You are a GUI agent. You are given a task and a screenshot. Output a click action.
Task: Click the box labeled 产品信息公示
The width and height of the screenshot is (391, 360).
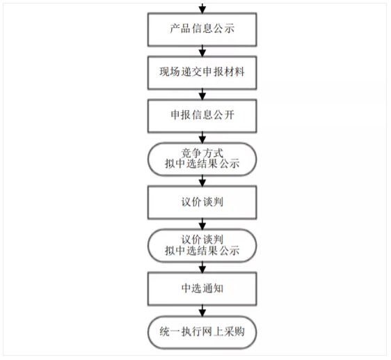(x=202, y=30)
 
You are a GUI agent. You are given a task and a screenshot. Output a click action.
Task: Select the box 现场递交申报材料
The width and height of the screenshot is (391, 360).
(x=202, y=73)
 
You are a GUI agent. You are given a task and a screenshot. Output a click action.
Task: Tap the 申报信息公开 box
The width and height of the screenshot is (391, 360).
(x=202, y=116)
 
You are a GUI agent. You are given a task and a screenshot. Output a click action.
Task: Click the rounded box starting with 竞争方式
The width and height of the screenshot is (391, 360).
(x=202, y=159)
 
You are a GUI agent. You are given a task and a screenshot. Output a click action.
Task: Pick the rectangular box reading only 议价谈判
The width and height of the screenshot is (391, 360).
(x=202, y=203)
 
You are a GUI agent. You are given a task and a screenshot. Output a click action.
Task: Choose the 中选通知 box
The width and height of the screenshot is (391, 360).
(x=202, y=289)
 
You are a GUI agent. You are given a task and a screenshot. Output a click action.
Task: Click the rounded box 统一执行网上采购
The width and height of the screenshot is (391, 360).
(x=202, y=332)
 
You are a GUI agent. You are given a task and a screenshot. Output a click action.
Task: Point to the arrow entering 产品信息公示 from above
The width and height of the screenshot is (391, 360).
(x=202, y=8)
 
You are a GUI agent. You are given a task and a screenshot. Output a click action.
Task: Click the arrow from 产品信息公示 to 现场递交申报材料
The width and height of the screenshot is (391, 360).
(x=202, y=51)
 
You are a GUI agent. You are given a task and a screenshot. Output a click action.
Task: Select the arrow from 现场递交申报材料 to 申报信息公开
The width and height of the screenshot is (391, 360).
(x=202, y=95)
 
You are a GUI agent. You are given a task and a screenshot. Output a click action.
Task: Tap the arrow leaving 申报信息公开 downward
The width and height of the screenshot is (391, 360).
(x=202, y=138)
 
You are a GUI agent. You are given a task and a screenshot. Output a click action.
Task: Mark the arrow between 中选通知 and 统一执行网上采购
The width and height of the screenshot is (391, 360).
(x=202, y=311)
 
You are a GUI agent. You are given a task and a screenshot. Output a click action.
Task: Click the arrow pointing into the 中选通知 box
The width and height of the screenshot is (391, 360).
(x=202, y=267)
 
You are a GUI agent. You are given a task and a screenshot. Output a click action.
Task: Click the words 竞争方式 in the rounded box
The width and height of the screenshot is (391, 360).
(x=202, y=153)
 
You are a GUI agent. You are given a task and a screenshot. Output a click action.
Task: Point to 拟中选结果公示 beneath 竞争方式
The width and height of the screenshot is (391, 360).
(x=202, y=164)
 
